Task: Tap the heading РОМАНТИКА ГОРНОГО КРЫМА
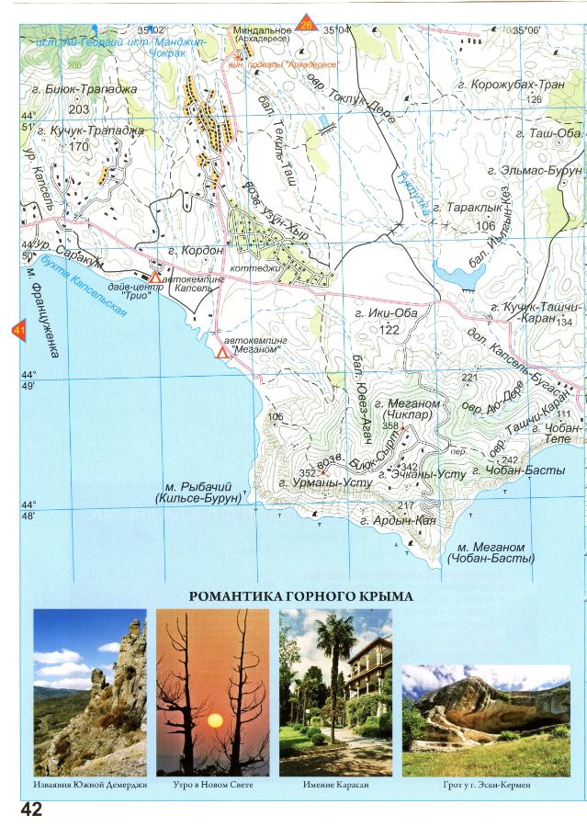point(300,596)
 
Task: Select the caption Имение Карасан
point(335,786)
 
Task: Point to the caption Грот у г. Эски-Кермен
point(485,786)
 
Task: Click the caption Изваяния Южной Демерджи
point(90,786)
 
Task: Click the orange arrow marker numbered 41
point(17,331)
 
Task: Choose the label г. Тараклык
point(468,210)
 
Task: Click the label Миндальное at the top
point(262,29)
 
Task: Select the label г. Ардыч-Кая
point(398,521)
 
